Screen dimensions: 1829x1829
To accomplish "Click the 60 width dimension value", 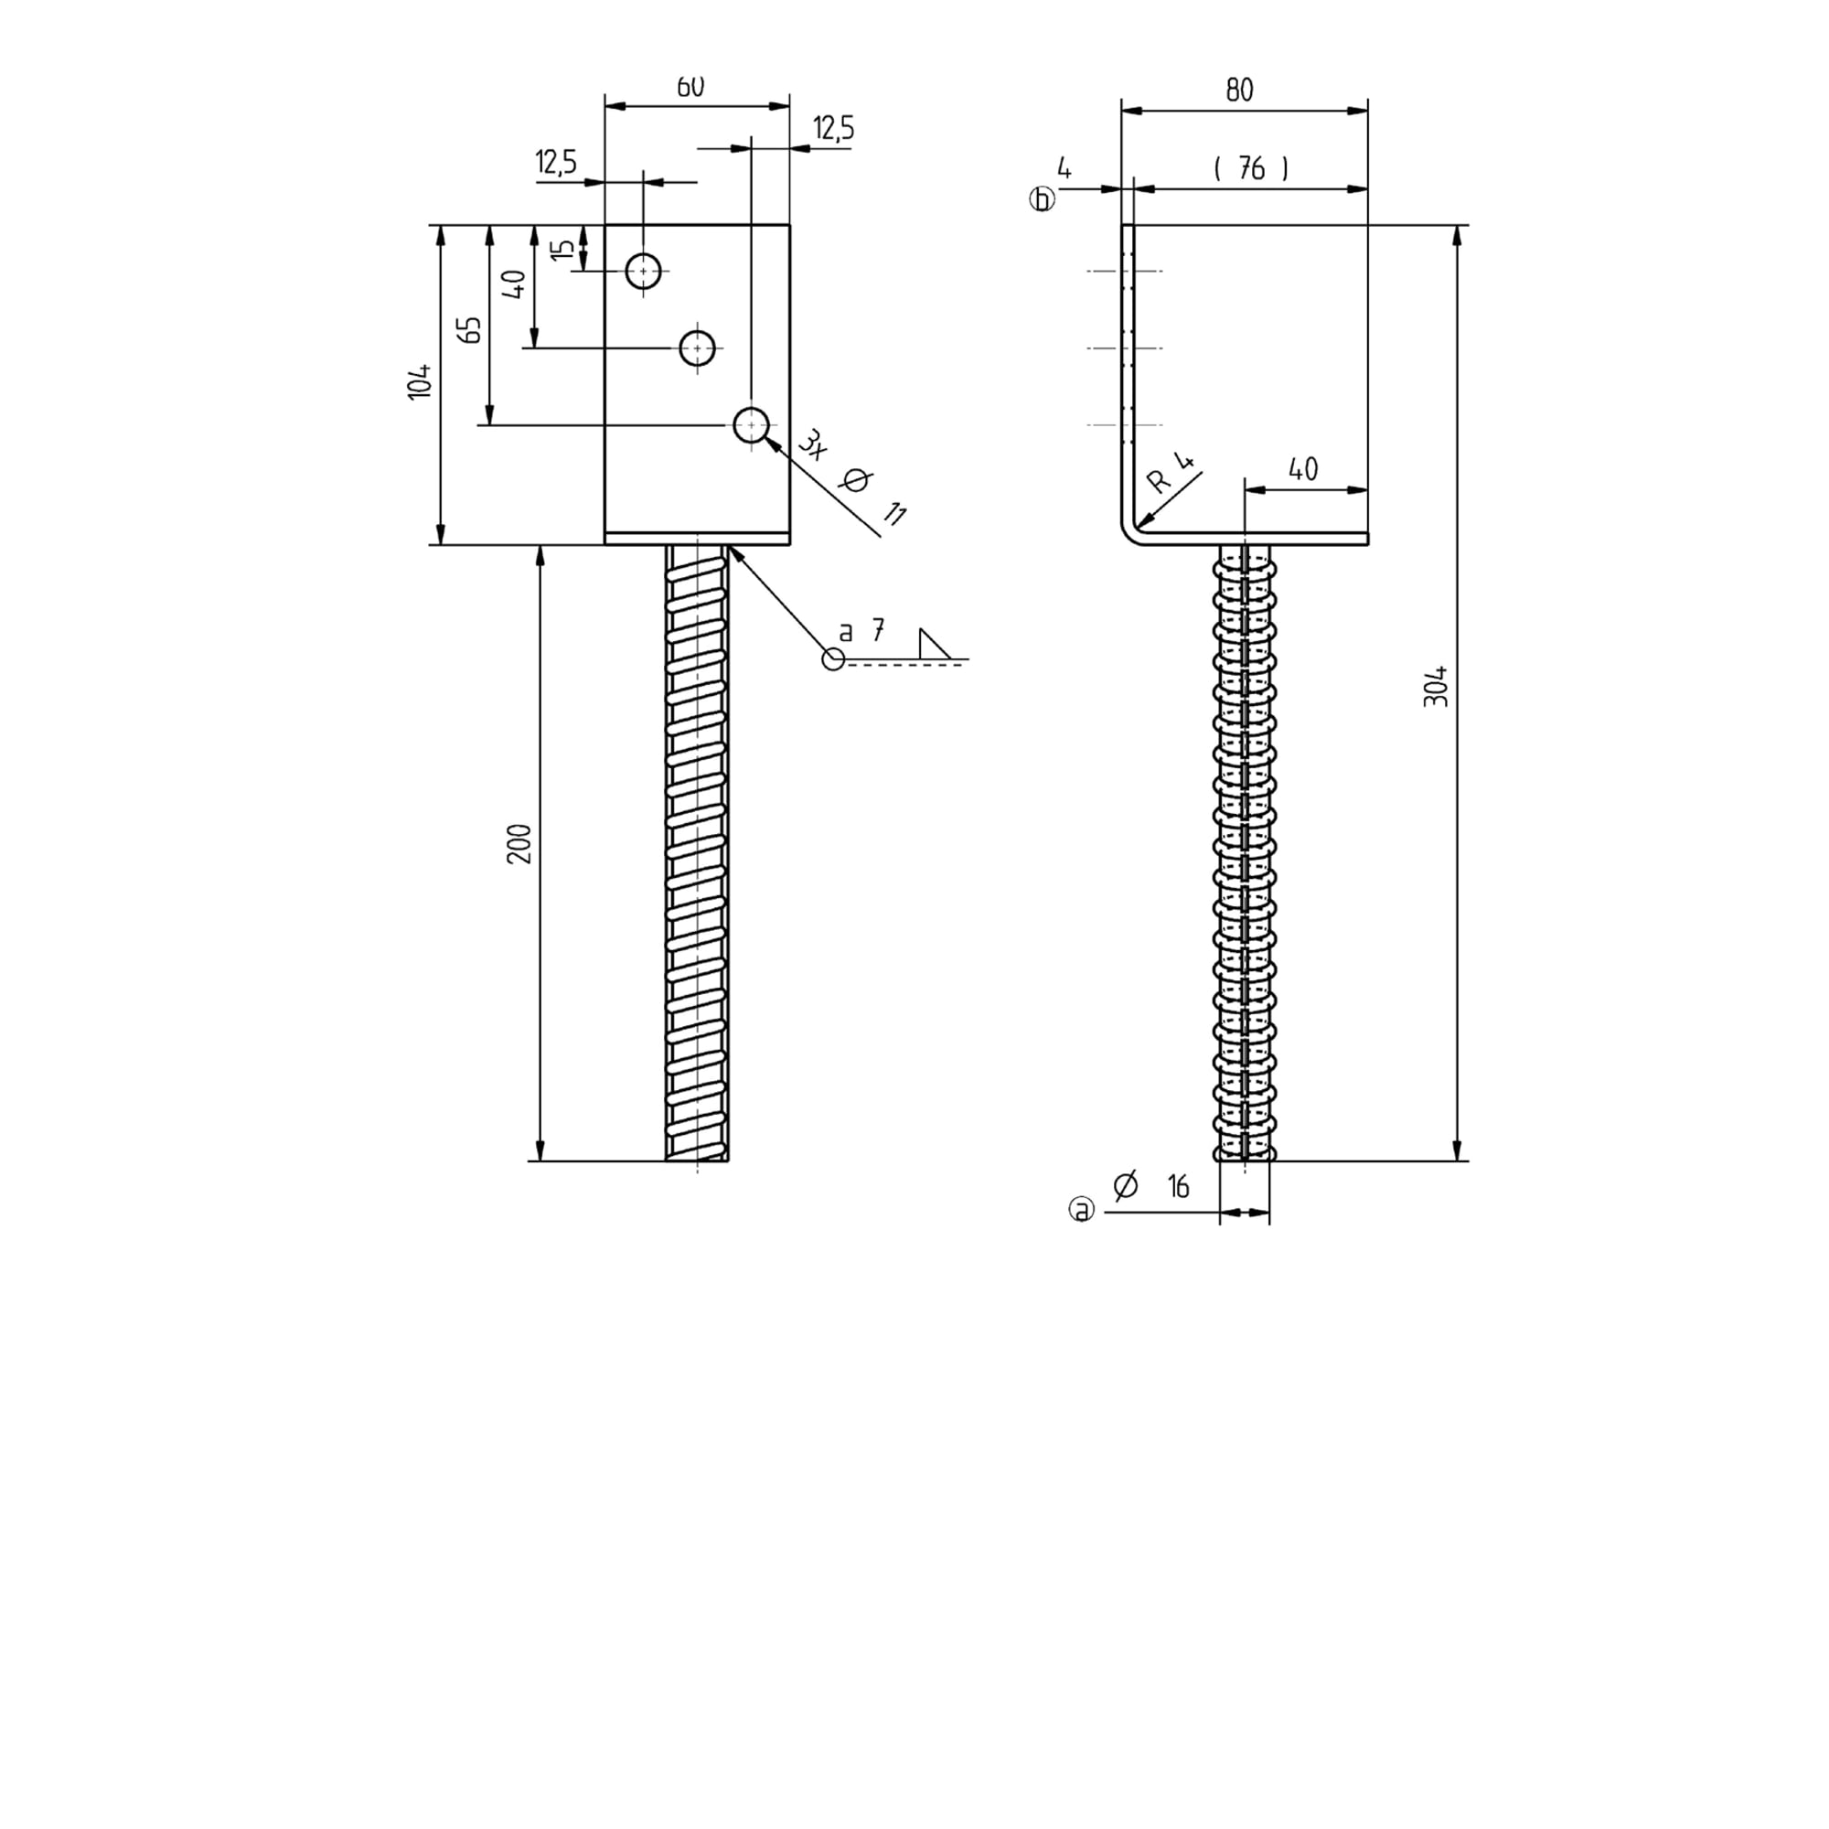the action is coord(690,86).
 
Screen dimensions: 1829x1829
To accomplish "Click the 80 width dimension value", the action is coord(1239,90).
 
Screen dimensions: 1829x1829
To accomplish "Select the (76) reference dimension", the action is coord(1250,168).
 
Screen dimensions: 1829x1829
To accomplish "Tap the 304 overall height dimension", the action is coord(1435,687).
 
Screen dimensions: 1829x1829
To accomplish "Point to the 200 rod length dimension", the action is coord(519,843).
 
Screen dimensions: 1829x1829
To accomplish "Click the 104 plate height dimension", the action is coord(420,380).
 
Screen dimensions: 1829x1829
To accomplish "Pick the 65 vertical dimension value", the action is coord(469,329).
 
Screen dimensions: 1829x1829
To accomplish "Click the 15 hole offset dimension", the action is coord(562,250).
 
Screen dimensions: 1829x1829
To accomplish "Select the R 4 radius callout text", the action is coord(1171,473).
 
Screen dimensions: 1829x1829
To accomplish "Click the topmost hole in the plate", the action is coord(644,272).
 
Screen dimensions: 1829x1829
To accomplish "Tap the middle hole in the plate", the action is coord(698,348).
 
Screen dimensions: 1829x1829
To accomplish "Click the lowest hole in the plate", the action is coord(752,425).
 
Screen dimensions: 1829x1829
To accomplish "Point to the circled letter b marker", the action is coord(1043,199).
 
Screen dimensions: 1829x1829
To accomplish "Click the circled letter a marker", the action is coord(1081,1209).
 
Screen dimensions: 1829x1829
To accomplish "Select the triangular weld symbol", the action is coord(935,644).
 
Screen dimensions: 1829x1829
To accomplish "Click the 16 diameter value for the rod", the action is coord(1179,1186).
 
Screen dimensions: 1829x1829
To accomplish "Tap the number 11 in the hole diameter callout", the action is coord(893,514).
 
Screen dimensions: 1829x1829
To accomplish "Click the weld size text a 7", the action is coord(861,630).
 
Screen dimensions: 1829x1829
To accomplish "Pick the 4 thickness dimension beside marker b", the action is coord(1064,169).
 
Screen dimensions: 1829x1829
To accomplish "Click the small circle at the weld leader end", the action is coord(833,658).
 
